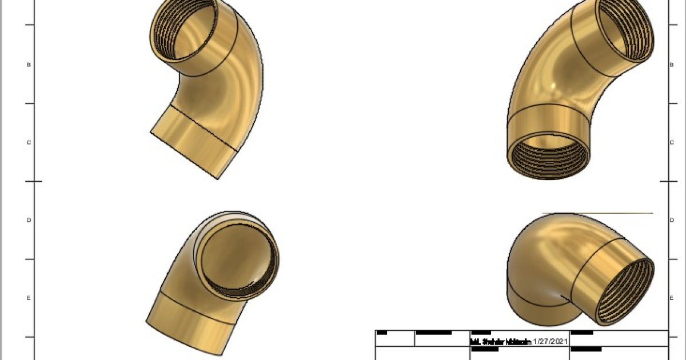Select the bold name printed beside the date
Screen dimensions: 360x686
click(500, 342)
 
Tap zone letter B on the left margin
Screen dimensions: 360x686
click(29, 65)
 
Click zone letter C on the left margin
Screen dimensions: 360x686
click(29, 142)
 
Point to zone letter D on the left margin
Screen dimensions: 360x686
click(29, 220)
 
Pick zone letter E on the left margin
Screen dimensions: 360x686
click(29, 298)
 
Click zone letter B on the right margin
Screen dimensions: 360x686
click(671, 65)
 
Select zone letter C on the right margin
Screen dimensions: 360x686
click(671, 142)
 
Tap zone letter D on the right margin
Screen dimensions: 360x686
click(671, 220)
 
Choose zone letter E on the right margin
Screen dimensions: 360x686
click(671, 298)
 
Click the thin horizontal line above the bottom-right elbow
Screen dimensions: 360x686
click(597, 214)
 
